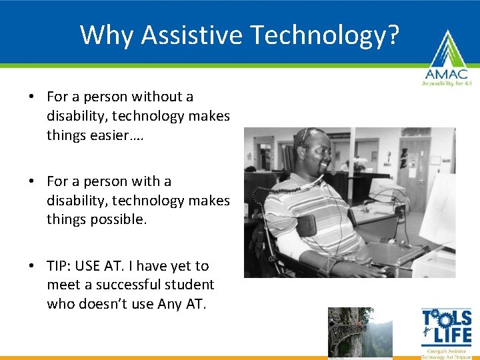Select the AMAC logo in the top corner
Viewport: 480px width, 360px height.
[445, 60]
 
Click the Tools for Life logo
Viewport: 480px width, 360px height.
[446, 333]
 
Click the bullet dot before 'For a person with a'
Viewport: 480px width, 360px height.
[32, 182]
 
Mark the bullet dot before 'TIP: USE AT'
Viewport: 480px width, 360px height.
[32, 267]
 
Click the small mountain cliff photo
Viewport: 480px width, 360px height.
[360, 331]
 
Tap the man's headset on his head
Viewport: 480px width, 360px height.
[304, 137]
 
